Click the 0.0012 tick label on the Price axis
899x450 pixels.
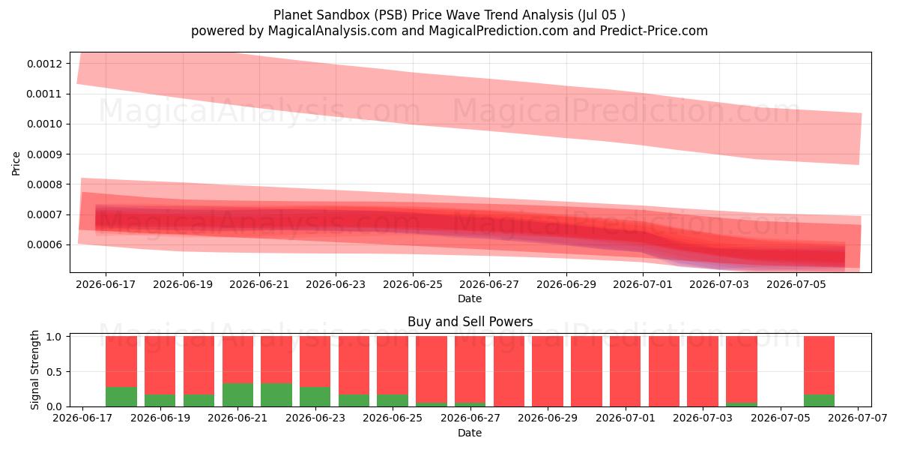click(x=44, y=64)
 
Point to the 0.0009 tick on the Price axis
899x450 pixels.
click(x=44, y=154)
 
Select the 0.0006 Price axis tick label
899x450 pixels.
click(x=44, y=244)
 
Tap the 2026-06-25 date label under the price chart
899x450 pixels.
click(x=413, y=284)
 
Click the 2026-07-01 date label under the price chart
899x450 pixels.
click(x=643, y=284)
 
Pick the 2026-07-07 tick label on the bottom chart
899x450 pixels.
click(x=858, y=418)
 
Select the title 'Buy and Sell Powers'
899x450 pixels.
click(x=470, y=322)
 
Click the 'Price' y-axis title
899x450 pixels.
click(x=16, y=163)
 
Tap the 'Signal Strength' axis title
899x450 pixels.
click(x=35, y=370)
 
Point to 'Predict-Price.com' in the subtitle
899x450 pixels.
click(x=654, y=31)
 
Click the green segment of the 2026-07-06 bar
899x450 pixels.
click(x=819, y=400)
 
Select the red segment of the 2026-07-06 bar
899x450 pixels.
click(x=819, y=366)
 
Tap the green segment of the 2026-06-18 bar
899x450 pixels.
click(x=121, y=397)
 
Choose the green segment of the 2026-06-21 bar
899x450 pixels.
click(x=238, y=395)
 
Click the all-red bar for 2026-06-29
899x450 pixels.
click(x=548, y=371)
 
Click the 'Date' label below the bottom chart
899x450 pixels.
click(x=470, y=433)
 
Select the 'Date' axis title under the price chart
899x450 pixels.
click(x=470, y=299)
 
